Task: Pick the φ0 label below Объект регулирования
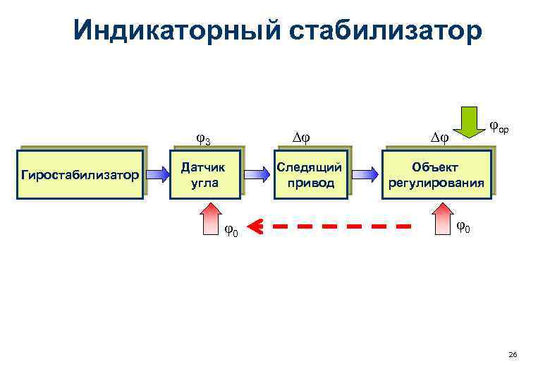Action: click(x=464, y=227)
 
